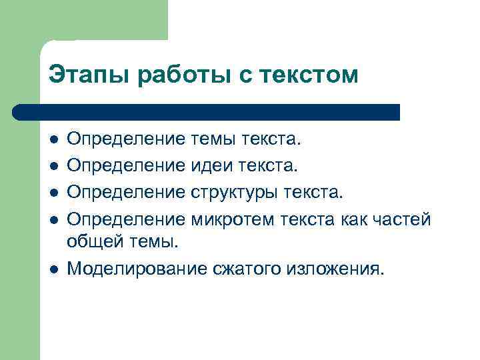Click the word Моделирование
(126, 269)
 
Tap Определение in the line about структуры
(127, 192)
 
